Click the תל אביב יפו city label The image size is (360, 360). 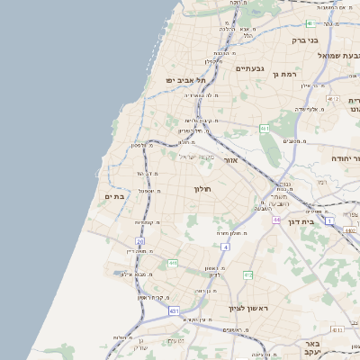pyautogui.click(x=186, y=80)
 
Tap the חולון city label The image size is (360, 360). pyautogui.click(x=202, y=189)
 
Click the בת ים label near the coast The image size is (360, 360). pyautogui.click(x=113, y=196)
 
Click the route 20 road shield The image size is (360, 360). pyautogui.click(x=140, y=241)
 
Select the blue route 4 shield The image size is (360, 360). pyautogui.click(x=225, y=246)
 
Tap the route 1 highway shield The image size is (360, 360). pyautogui.click(x=329, y=220)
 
